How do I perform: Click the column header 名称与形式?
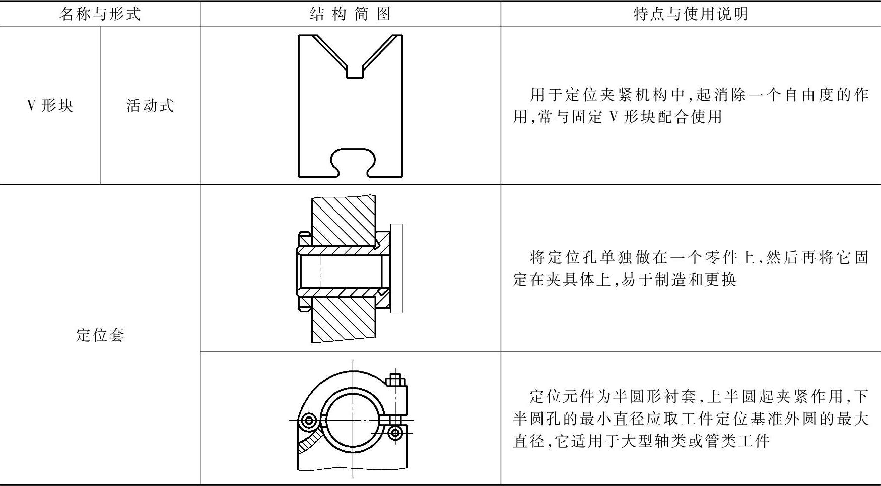[x=100, y=14]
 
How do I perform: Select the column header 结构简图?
[x=350, y=14]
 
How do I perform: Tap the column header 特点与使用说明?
[x=690, y=14]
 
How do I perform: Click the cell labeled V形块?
[x=50, y=105]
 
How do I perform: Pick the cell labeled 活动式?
[x=150, y=105]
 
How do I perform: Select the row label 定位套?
[x=100, y=335]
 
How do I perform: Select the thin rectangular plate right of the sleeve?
[x=396, y=268]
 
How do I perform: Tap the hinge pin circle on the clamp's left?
[x=308, y=420]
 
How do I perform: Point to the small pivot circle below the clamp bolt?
[x=396, y=432]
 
